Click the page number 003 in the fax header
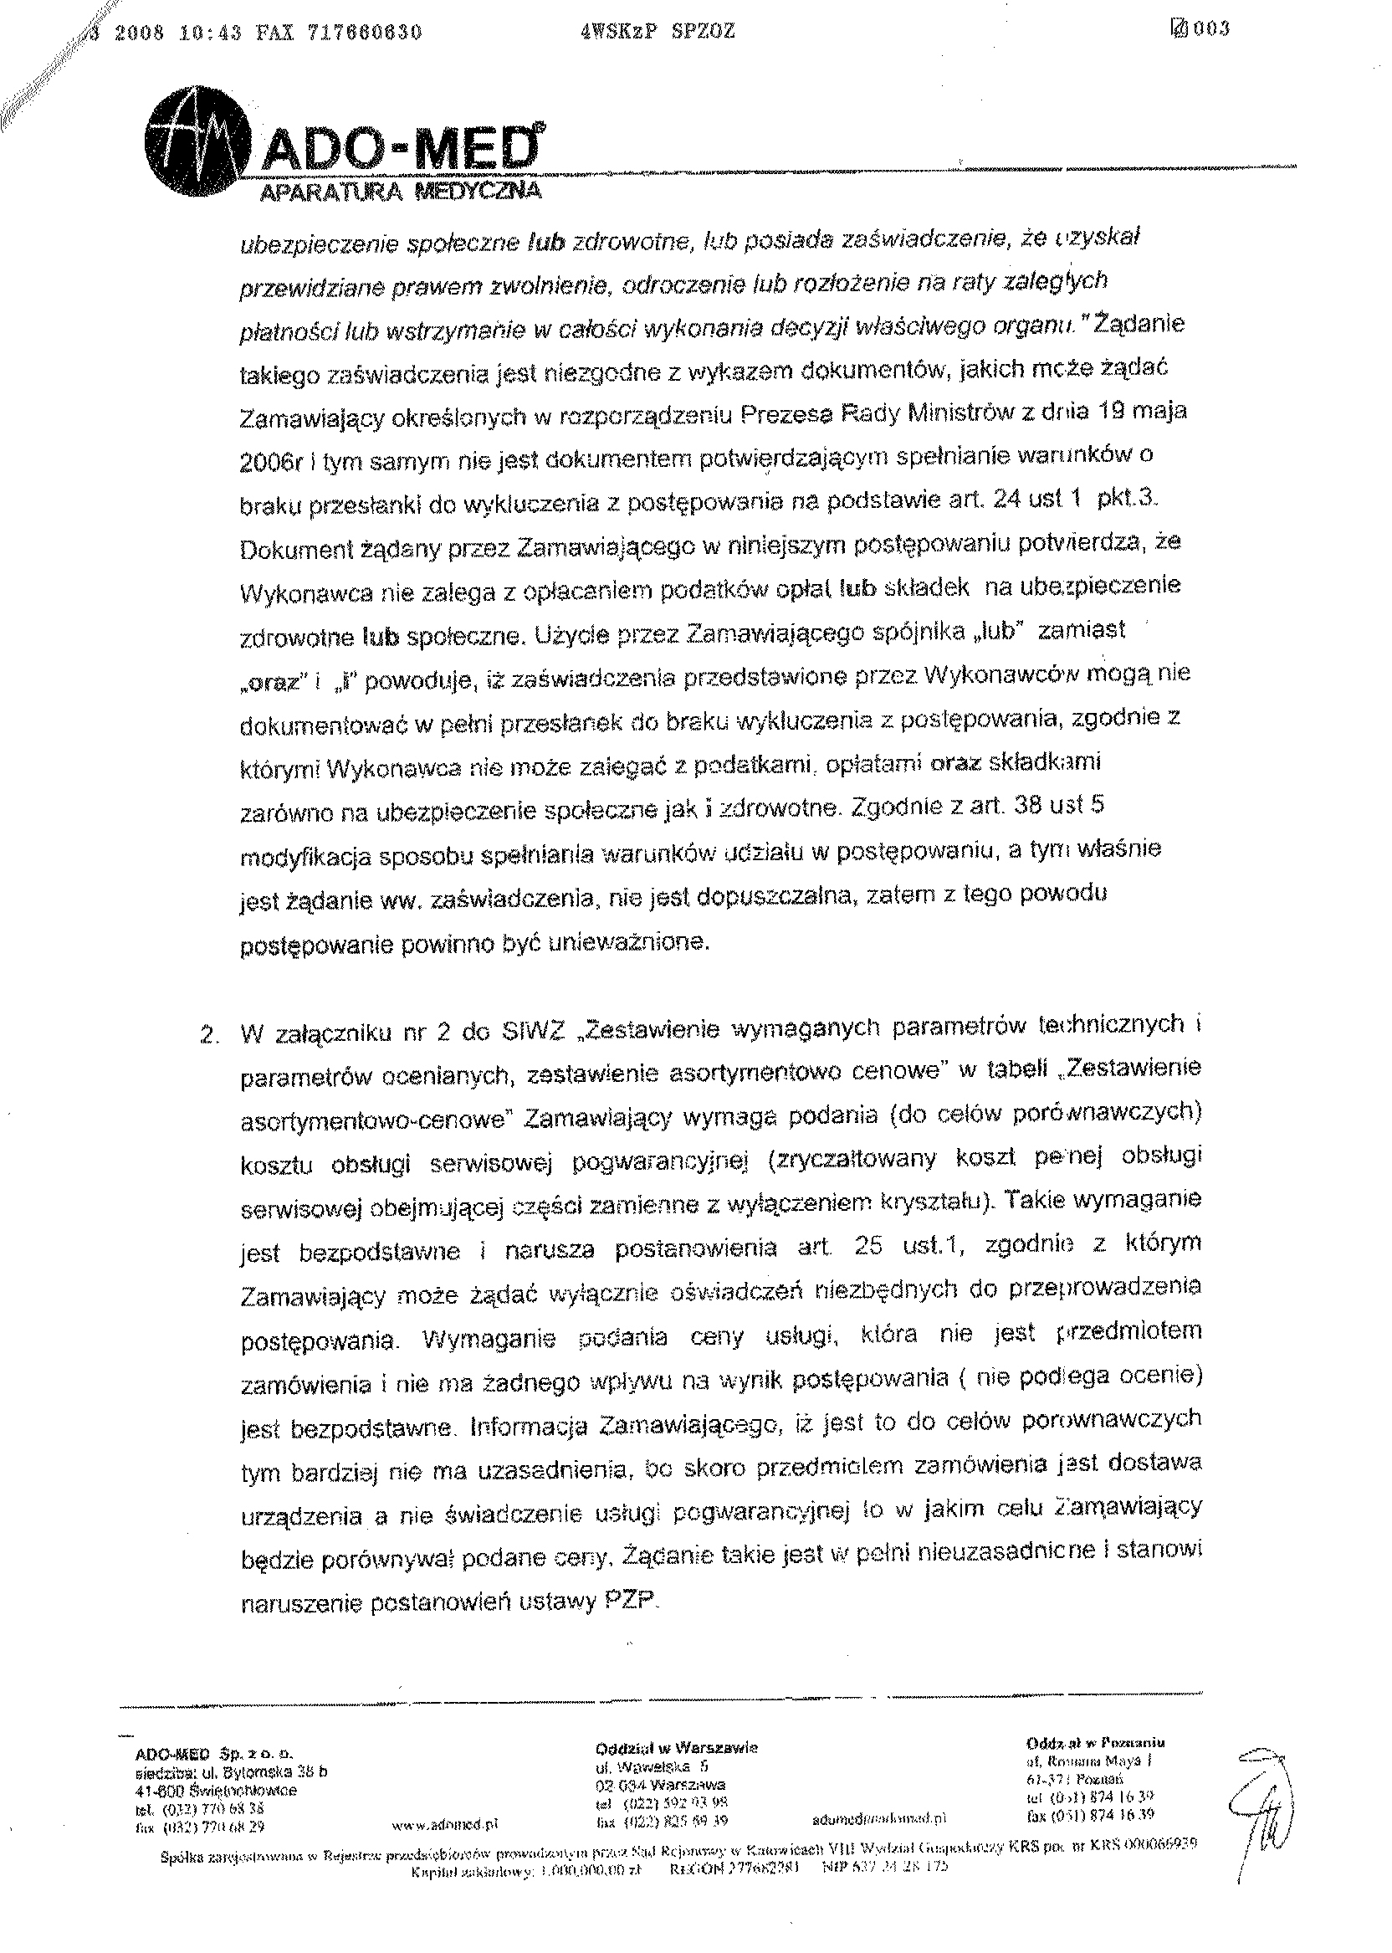1212,29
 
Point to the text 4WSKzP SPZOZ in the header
657,32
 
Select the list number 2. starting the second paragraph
207,1034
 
